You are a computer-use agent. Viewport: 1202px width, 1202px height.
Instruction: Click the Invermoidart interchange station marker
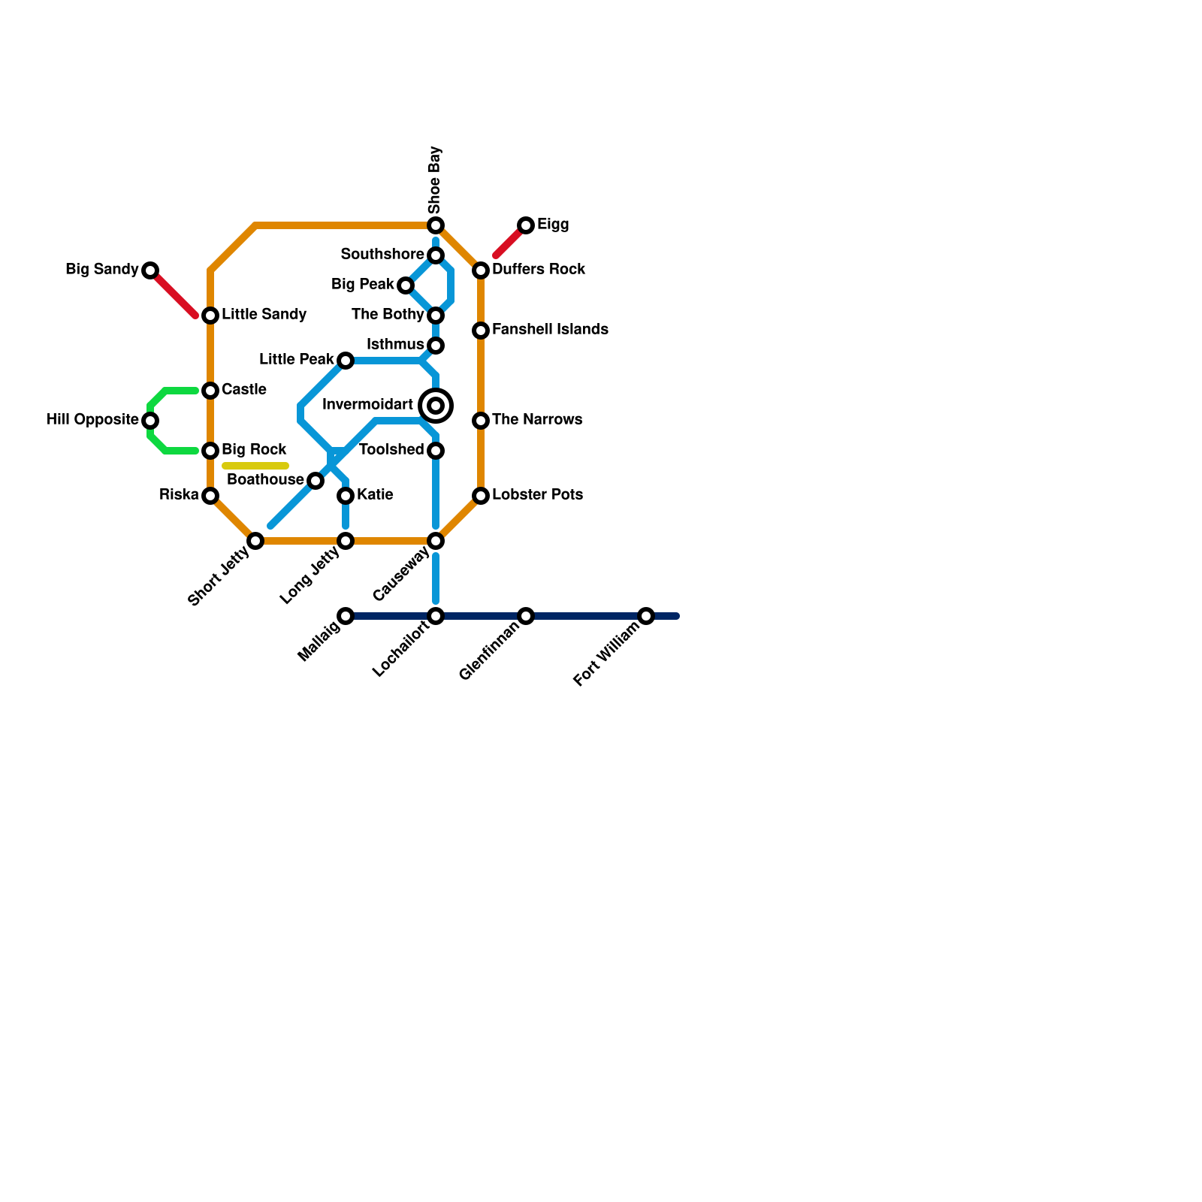pyautogui.click(x=436, y=406)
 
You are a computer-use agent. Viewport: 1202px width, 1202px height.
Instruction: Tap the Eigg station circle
pyautogui.click(x=526, y=225)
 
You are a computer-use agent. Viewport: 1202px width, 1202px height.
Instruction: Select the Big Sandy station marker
pyautogui.click(x=150, y=270)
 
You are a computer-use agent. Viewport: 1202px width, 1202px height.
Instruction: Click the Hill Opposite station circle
pyautogui.click(x=150, y=421)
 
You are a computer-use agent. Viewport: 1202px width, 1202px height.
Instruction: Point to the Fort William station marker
pyautogui.click(x=646, y=616)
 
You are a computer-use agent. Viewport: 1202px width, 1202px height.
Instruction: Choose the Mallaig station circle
pyautogui.click(x=346, y=616)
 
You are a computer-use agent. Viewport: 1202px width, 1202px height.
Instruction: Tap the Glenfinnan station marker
pyautogui.click(x=526, y=616)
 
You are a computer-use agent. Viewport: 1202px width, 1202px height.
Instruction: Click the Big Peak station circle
pyautogui.click(x=406, y=285)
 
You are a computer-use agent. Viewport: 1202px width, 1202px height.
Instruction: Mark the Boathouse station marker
pyautogui.click(x=316, y=481)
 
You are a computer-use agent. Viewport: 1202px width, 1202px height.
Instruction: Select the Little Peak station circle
pyautogui.click(x=346, y=361)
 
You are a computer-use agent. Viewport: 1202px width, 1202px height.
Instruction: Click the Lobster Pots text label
pyautogui.click(x=537, y=495)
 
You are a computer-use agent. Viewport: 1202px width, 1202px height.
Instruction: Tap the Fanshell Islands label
pyautogui.click(x=550, y=330)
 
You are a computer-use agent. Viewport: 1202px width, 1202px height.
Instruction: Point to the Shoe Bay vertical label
pyautogui.click(x=435, y=180)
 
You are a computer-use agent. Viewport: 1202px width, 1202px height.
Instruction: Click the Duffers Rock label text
pyautogui.click(x=539, y=270)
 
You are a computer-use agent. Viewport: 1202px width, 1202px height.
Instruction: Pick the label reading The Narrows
pyautogui.click(x=537, y=420)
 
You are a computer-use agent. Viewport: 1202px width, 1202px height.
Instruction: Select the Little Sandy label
pyautogui.click(x=264, y=315)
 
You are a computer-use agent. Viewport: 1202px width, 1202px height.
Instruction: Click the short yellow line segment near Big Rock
pyautogui.click(x=255, y=467)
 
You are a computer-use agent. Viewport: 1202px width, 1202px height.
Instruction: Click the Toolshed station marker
pyautogui.click(x=436, y=451)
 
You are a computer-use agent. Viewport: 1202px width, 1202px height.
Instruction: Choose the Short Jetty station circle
pyautogui.click(x=255, y=541)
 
